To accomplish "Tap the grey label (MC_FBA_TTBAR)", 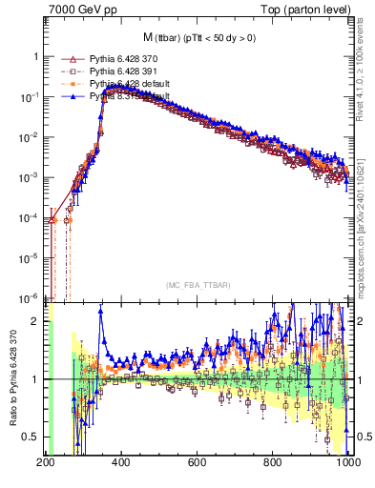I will pos(198,285).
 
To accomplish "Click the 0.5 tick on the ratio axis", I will pos(31,437).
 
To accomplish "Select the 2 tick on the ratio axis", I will pos(36,321).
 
